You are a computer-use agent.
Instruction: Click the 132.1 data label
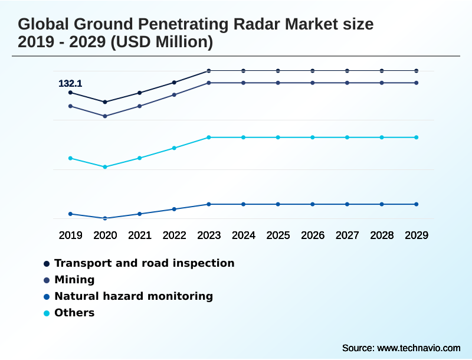click(x=70, y=84)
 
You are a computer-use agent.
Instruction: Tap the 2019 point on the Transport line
click(x=70, y=93)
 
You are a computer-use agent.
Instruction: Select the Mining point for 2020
click(x=105, y=116)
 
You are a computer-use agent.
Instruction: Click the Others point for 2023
click(x=209, y=138)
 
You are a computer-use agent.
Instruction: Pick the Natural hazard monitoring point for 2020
click(x=105, y=218)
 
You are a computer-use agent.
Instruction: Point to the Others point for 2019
click(x=70, y=158)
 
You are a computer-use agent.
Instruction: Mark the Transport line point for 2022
click(x=174, y=83)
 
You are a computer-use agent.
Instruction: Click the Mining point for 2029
click(x=417, y=83)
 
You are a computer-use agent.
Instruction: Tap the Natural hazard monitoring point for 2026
click(x=313, y=204)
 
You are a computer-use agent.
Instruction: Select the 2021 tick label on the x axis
click(x=140, y=235)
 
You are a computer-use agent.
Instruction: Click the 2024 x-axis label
click(x=244, y=235)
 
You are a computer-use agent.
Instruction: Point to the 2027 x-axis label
click(x=348, y=235)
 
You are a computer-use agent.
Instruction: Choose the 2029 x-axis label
click(x=417, y=235)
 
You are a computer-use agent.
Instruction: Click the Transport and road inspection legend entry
click(x=144, y=263)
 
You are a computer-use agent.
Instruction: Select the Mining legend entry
click(x=74, y=280)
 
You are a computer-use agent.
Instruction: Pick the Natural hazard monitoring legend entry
click(x=133, y=296)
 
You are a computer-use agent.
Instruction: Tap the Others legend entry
click(x=74, y=313)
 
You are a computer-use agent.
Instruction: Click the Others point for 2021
click(x=140, y=158)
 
